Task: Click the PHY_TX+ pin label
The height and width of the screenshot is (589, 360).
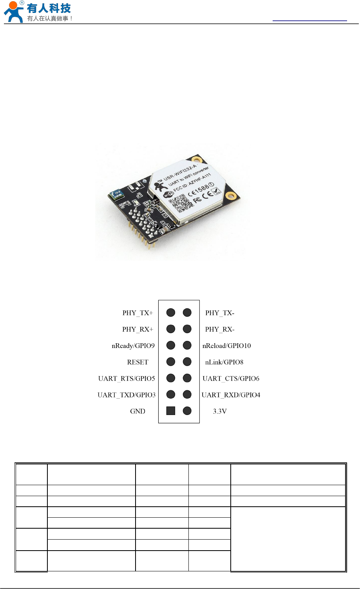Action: point(137,313)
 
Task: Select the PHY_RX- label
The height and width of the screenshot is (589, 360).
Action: point(220,329)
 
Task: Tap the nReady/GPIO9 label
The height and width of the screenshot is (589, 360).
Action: point(133,346)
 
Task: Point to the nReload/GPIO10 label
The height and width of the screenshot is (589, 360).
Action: point(226,346)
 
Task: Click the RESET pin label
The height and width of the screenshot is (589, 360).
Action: point(138,362)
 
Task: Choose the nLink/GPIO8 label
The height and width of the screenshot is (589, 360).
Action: point(224,362)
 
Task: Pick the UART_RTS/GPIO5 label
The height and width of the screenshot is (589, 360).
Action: point(127,379)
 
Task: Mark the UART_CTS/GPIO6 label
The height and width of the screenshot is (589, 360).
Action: point(231,379)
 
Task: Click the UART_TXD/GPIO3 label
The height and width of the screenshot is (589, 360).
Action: point(127,395)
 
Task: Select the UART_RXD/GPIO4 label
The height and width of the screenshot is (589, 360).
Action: point(231,395)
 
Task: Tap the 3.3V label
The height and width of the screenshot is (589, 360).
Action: point(220,411)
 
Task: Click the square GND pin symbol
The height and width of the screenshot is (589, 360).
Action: point(170,411)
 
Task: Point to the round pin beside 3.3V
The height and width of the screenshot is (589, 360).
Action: point(187,411)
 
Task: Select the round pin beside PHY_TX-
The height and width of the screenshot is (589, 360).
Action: point(187,312)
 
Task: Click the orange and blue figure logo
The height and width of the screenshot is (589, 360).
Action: point(13,12)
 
